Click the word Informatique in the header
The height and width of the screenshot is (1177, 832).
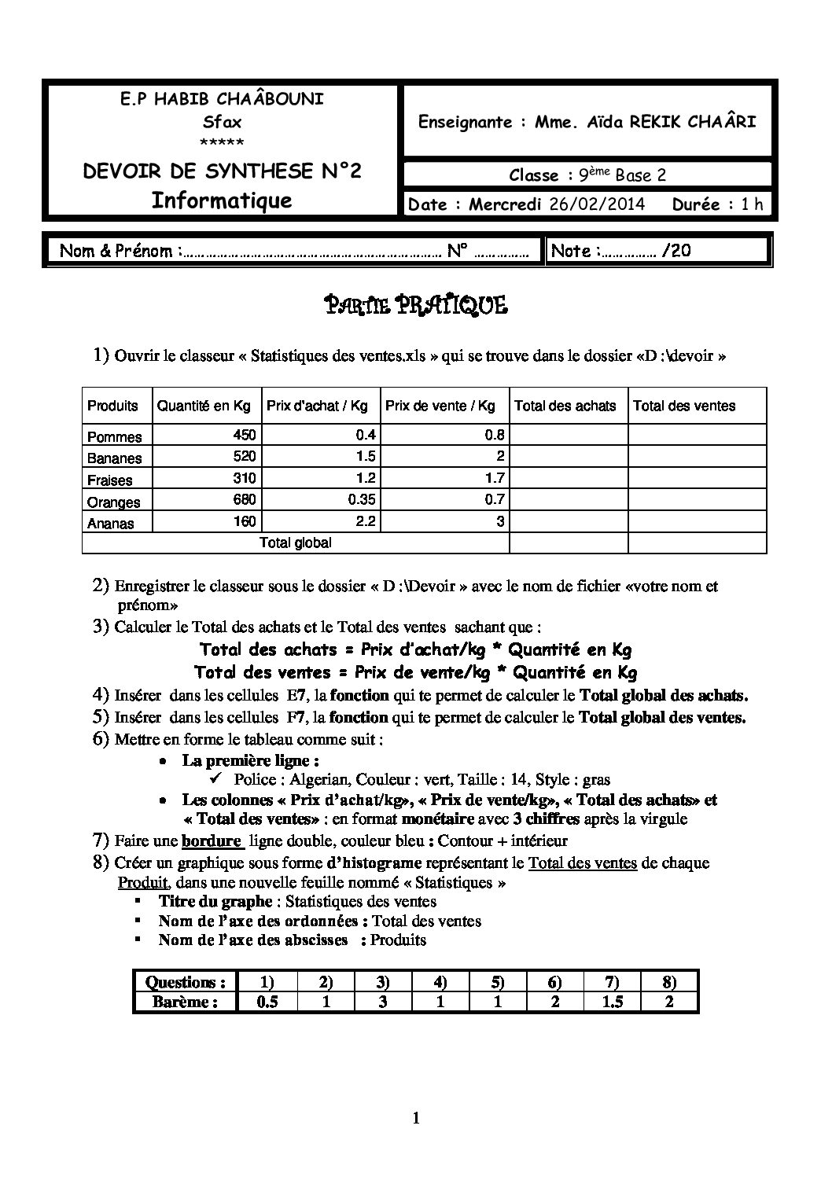[222, 200]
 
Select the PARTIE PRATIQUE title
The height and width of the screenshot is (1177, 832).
[416, 305]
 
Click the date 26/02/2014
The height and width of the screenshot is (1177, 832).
[597, 204]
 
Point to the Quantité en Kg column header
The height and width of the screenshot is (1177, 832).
[204, 406]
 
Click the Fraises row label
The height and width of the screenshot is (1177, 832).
[110, 480]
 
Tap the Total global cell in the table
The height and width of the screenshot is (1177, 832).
[296, 543]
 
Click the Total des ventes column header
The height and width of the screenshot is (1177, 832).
[683, 406]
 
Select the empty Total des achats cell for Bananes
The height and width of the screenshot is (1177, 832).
[568, 456]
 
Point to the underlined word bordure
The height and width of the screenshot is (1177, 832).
[211, 840]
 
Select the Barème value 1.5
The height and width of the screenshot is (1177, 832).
[613, 1002]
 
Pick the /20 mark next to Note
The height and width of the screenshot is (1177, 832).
[676, 251]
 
